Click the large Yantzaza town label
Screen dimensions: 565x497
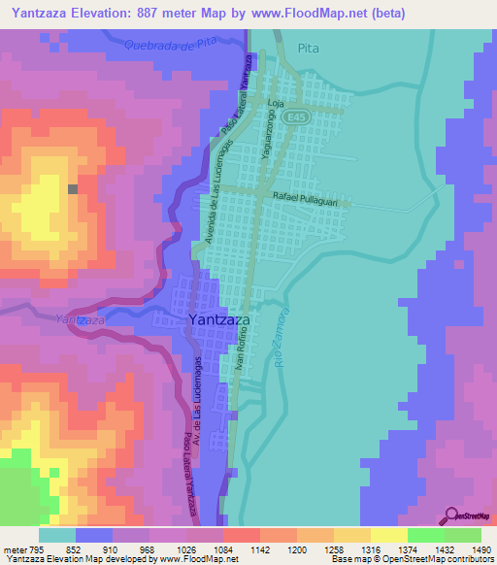coord(219,320)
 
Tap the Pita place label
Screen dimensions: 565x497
coord(309,47)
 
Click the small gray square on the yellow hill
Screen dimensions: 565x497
coord(73,189)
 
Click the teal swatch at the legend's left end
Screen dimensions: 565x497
coord(57,535)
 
